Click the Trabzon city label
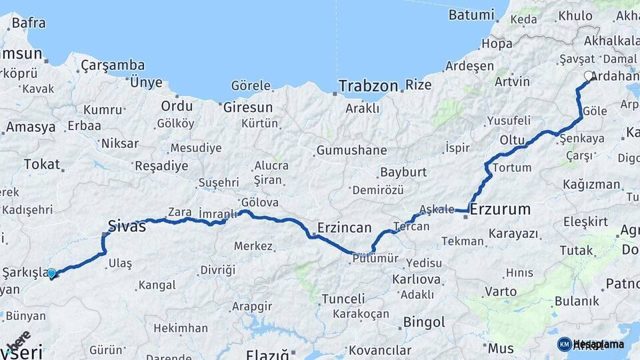[x=368, y=86]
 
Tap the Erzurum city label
[x=501, y=209]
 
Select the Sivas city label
[x=127, y=225]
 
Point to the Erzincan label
[x=345, y=227]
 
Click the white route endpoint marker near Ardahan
[x=589, y=77]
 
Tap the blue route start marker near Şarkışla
[x=51, y=273]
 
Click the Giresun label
[x=248, y=107]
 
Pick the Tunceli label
[x=343, y=299]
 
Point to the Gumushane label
[x=351, y=151]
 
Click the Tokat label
[x=42, y=164]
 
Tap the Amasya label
[x=31, y=128]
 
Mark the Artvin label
[x=512, y=81]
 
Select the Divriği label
[x=217, y=269]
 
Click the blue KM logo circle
[x=564, y=344]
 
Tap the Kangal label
[x=157, y=285]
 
